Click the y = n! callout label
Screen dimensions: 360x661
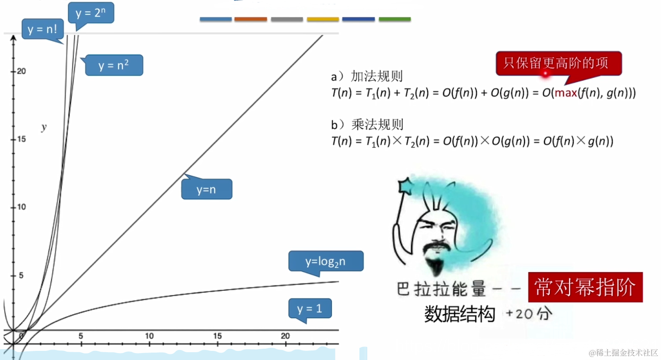(x=43, y=30)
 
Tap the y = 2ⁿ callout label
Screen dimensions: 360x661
(x=91, y=13)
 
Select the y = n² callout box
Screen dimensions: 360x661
(x=114, y=66)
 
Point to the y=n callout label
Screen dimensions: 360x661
(x=206, y=190)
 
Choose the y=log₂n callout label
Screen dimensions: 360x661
(x=326, y=261)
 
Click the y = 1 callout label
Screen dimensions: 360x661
(x=310, y=309)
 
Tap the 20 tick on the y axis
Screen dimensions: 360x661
(x=21, y=71)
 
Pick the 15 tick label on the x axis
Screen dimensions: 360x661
(x=217, y=336)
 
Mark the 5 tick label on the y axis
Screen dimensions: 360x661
(x=20, y=275)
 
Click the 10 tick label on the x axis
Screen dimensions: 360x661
(x=149, y=336)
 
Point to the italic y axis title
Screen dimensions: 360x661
(x=43, y=127)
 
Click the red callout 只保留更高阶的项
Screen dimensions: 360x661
(x=558, y=63)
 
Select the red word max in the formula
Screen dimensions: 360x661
(x=566, y=93)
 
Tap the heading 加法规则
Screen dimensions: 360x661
(x=377, y=76)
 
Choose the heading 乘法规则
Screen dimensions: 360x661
(x=377, y=125)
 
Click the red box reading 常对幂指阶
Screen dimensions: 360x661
(x=585, y=287)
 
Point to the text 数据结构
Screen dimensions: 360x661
(x=459, y=314)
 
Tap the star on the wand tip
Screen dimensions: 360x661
(x=405, y=185)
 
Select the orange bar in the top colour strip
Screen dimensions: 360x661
(x=251, y=19)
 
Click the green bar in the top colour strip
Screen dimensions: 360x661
(x=395, y=19)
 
